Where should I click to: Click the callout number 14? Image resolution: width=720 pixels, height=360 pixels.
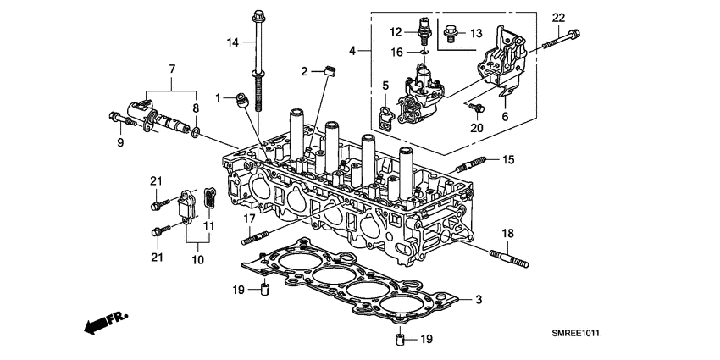click(x=231, y=42)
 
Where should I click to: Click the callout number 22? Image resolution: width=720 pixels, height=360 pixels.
click(x=558, y=18)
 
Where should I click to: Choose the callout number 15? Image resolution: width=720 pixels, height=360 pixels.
click(x=508, y=159)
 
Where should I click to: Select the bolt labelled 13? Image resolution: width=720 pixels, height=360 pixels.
click(x=451, y=34)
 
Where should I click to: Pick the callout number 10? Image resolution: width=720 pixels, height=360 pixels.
click(x=197, y=260)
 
